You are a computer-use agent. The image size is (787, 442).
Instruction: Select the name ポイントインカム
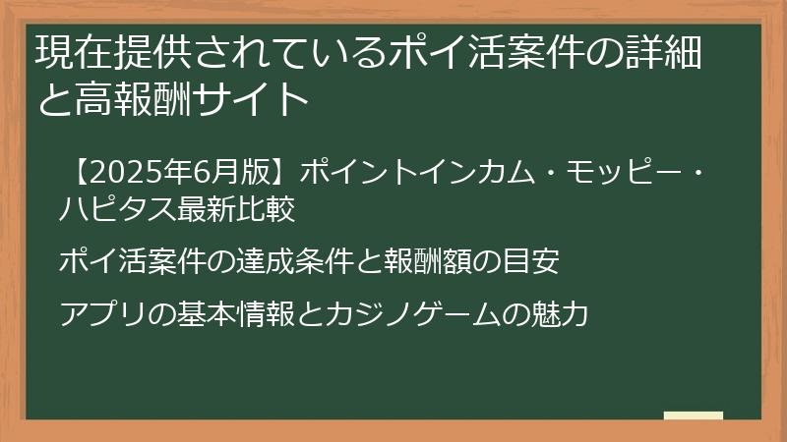pyautogui.click(x=396, y=171)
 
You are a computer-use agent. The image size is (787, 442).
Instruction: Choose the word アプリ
pyautogui.click(x=102, y=314)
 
